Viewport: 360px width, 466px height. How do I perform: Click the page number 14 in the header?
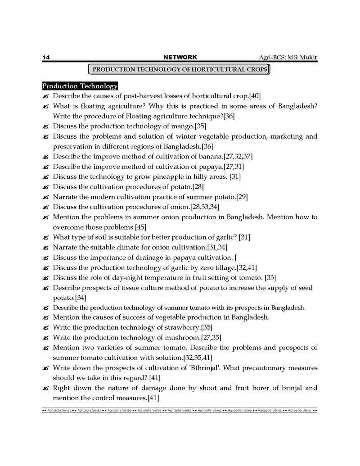coord(46,57)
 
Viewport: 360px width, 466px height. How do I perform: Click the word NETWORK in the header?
coord(180,57)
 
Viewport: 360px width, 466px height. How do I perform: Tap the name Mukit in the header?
coord(307,57)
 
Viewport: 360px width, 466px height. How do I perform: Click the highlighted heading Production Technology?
coord(80,86)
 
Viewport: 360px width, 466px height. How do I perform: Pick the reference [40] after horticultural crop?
coord(255,96)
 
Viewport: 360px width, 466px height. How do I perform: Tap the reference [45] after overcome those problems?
coord(138,227)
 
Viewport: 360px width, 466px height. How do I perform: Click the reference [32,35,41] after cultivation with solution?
coord(198,357)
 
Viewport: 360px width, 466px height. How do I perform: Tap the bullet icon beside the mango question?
coord(45,127)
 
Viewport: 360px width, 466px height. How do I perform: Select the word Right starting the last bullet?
coord(63,388)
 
